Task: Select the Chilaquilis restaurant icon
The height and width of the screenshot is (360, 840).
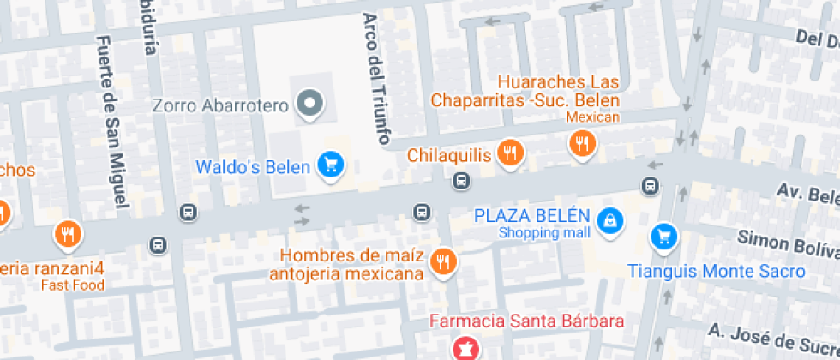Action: click(x=511, y=153)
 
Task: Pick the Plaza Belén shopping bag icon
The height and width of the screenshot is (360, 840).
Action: click(x=609, y=220)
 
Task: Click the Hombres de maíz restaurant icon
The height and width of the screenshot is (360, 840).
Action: click(x=443, y=261)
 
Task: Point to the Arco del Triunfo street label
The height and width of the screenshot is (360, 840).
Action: click(x=376, y=77)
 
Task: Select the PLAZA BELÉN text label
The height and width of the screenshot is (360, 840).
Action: click(x=532, y=215)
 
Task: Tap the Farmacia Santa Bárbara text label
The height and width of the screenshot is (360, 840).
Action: click(x=526, y=323)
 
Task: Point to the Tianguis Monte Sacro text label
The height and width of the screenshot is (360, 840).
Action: click(x=717, y=271)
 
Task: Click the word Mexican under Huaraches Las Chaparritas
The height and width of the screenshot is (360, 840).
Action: click(x=592, y=117)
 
